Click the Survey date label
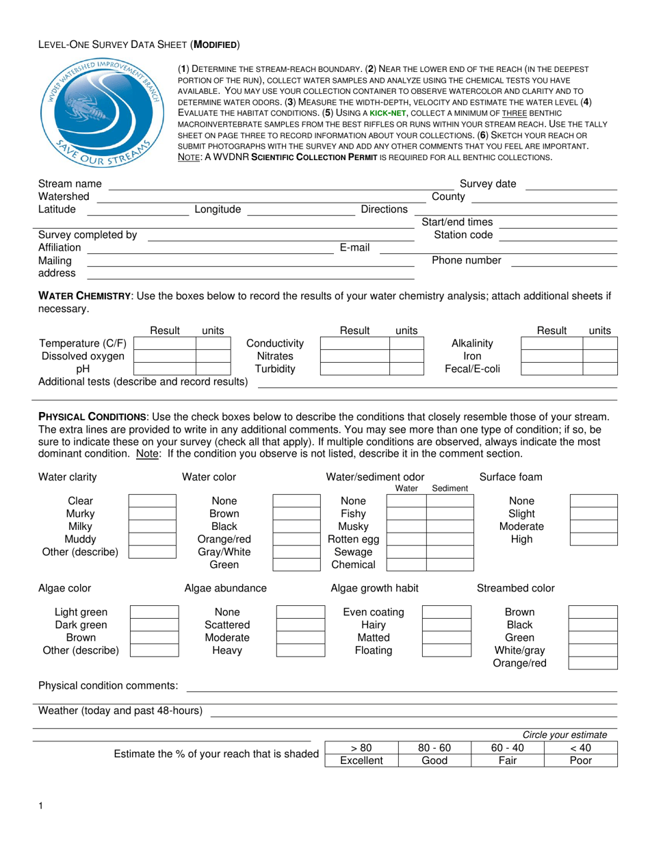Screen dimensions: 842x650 (488, 183)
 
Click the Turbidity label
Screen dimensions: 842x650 (275, 369)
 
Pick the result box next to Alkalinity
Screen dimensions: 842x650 (551, 343)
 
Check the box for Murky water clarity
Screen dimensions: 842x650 (153, 513)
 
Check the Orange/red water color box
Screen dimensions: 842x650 (296, 539)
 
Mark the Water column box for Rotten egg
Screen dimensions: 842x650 (406, 539)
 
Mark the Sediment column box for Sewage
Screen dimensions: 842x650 (450, 552)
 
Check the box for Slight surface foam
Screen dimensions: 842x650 (593, 513)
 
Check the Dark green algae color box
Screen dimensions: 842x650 (154, 625)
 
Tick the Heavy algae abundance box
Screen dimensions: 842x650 (300, 650)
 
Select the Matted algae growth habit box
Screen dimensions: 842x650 (445, 637)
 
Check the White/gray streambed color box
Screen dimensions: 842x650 (593, 650)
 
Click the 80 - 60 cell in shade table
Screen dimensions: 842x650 (434, 748)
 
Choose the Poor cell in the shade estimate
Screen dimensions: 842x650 (580, 761)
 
